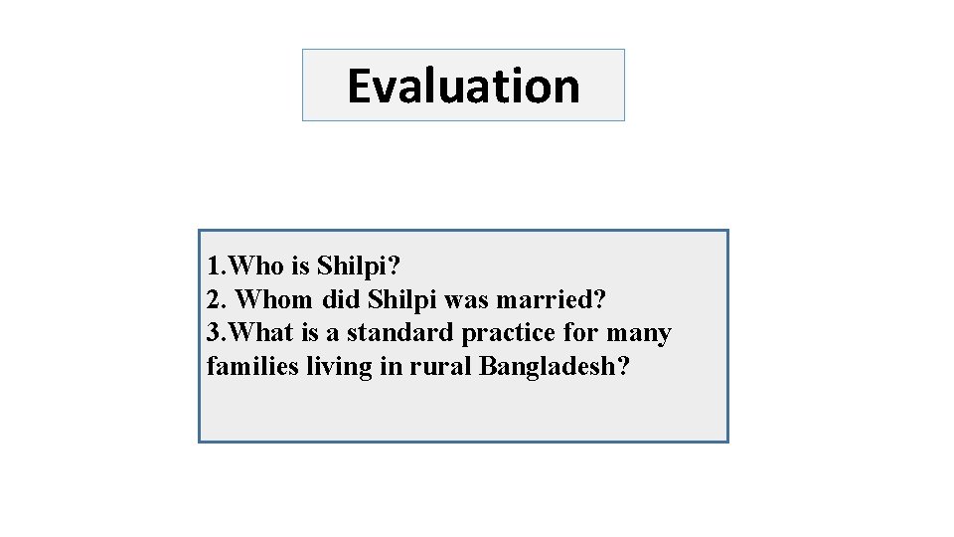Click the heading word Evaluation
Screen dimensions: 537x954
(463, 86)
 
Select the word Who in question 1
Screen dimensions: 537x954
(257, 267)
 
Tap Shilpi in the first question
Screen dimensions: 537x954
(354, 267)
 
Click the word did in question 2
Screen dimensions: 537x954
(340, 299)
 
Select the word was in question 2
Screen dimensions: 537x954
(465, 299)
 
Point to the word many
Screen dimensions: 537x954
(639, 333)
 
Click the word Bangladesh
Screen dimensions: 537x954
(549, 366)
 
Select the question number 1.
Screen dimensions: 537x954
(213, 267)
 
